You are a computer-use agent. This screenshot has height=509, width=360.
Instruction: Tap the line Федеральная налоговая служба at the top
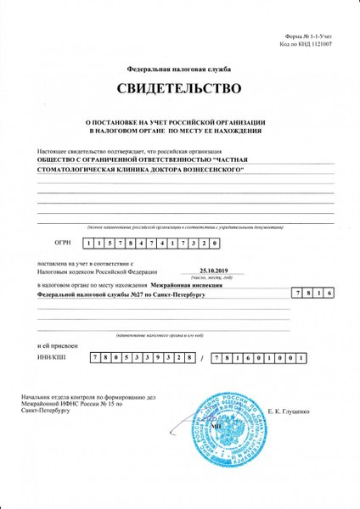click(x=179, y=67)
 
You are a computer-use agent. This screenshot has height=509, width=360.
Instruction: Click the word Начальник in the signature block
click(x=48, y=395)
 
